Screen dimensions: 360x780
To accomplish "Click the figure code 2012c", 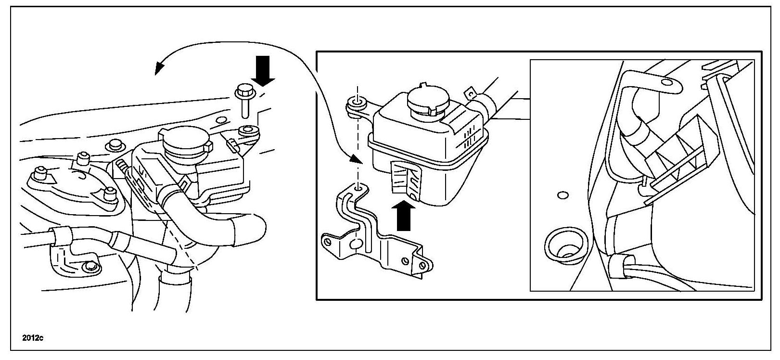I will pos(33,338).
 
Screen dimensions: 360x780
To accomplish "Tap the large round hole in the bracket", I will pos(357,244).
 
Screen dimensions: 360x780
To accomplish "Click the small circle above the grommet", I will pos(563,195).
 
